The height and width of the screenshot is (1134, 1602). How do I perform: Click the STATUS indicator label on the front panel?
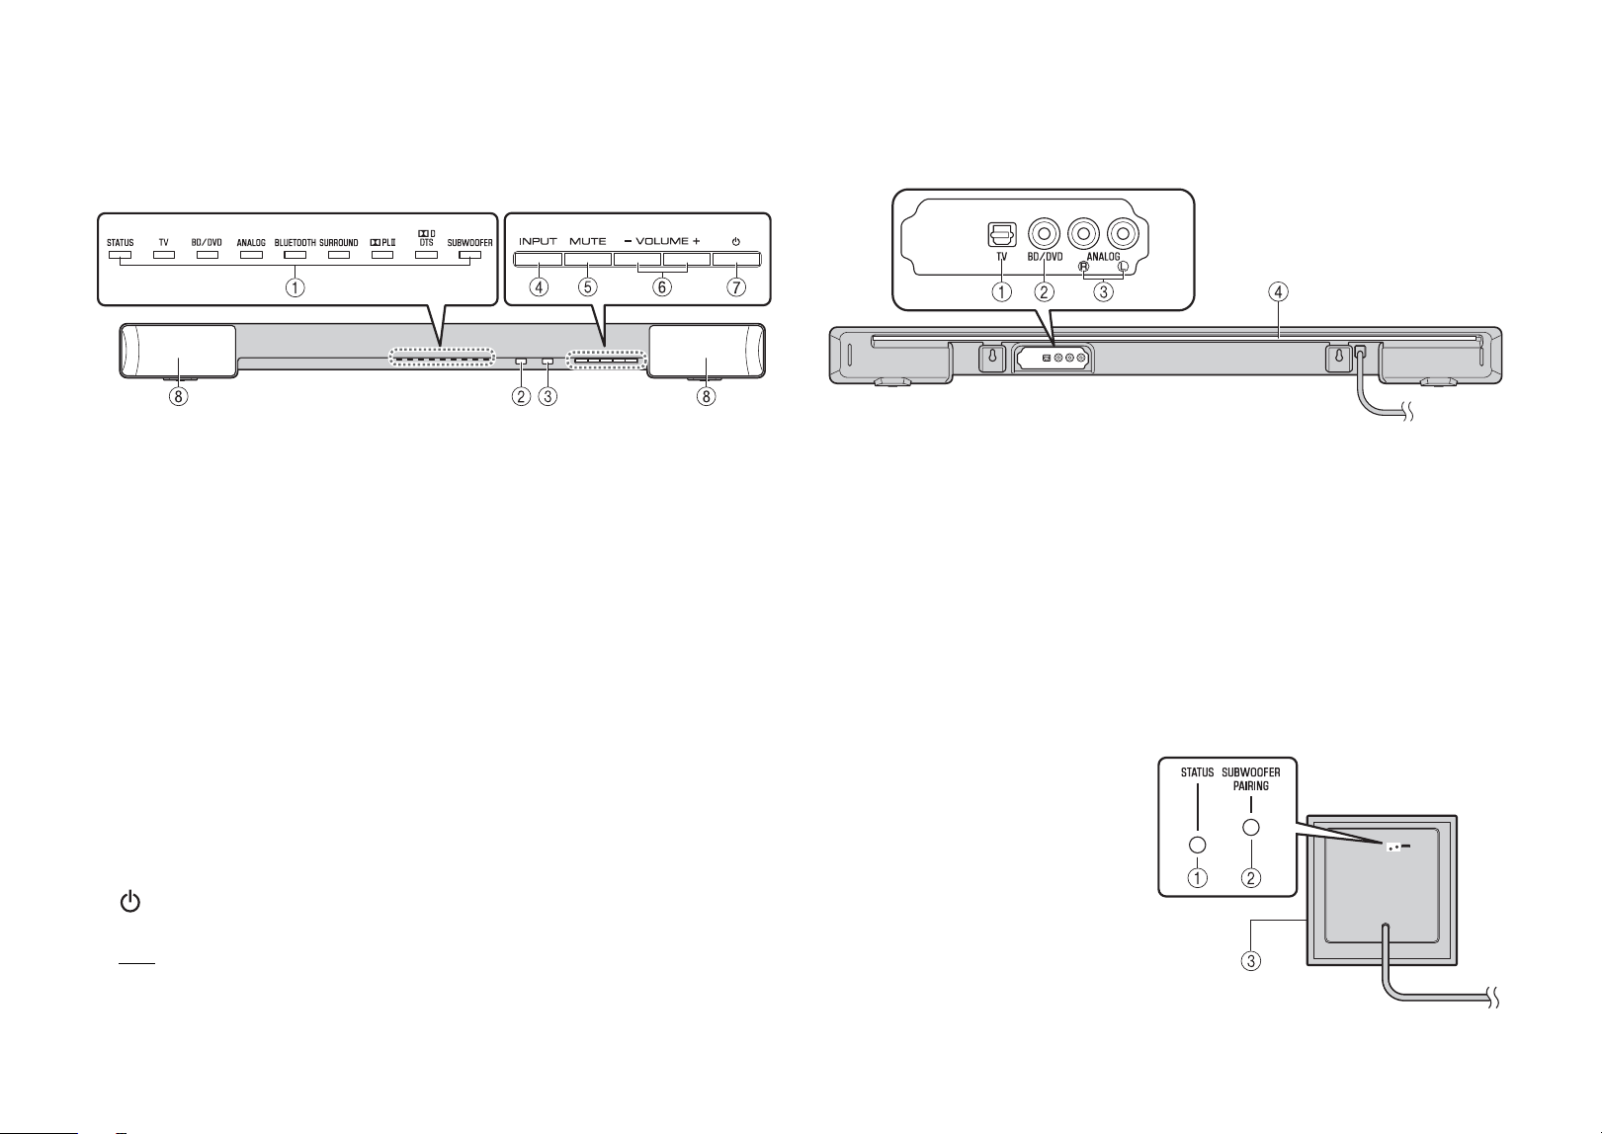[x=121, y=243]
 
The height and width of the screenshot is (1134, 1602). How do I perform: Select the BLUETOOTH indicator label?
[x=295, y=243]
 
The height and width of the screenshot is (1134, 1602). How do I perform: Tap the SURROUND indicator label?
[x=338, y=243]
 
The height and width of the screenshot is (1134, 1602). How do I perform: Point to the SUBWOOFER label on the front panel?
[x=469, y=243]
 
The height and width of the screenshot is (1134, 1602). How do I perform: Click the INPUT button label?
[x=538, y=242]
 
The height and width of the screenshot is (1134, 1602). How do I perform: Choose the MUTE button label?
[x=588, y=242]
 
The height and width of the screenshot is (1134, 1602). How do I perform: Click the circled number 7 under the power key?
[x=736, y=287]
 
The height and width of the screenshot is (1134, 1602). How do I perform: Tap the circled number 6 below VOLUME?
[x=661, y=287]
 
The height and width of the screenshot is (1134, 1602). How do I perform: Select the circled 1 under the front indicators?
[x=295, y=287]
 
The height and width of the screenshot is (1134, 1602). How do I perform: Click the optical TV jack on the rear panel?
[x=1001, y=234]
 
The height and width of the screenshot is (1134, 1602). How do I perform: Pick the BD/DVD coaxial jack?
[x=1044, y=234]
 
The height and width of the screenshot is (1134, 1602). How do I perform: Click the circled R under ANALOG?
[x=1083, y=267]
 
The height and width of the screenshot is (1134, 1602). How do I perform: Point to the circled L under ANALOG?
[x=1123, y=267]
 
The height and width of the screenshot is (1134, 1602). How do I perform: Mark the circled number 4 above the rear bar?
[x=1278, y=292]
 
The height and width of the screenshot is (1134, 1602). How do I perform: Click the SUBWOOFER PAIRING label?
[x=1251, y=779]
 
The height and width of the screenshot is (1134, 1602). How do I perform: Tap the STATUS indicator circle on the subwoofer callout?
[x=1197, y=845]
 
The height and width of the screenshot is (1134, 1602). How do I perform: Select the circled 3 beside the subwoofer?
[x=1250, y=962]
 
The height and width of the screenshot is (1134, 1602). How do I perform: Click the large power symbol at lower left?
[x=130, y=902]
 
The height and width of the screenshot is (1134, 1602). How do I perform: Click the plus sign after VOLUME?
[x=696, y=242]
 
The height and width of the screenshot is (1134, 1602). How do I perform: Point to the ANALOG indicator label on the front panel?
[x=251, y=243]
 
